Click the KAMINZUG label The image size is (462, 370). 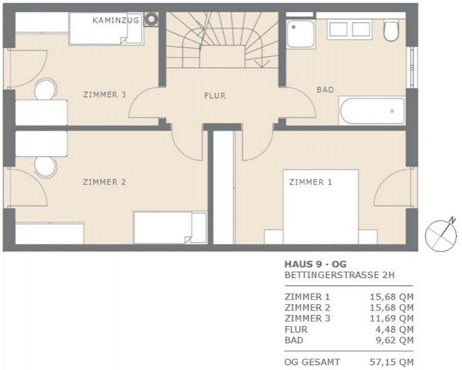(116, 20)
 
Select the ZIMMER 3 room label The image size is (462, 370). (105, 95)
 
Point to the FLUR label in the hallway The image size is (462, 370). (215, 96)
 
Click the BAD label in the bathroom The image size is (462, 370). (325, 89)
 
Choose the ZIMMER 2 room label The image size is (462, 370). (104, 182)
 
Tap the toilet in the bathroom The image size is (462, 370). (391, 31)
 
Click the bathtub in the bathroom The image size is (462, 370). (373, 111)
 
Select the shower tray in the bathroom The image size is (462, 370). (301, 34)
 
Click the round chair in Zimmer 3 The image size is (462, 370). (46, 89)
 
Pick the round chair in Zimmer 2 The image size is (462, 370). (45, 167)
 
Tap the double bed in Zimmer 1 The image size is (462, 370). (321, 207)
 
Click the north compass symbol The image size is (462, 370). (441, 235)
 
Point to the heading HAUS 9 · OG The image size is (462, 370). (316, 264)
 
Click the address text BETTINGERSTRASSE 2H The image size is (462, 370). (339, 275)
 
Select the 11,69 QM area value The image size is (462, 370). (392, 319)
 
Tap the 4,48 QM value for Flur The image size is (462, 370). (394, 329)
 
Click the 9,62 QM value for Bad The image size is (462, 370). (394, 340)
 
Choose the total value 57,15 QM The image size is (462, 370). (392, 362)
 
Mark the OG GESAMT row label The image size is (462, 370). (312, 362)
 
